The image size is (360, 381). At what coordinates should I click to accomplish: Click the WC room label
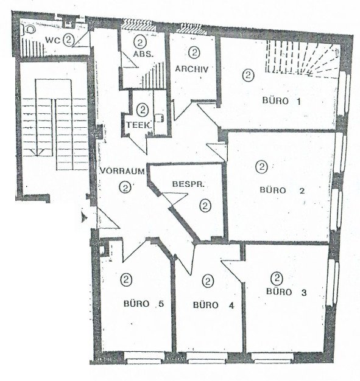coord(53,40)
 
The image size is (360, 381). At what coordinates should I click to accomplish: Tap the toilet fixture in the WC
coord(29,30)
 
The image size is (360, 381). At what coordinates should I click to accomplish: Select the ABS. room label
coord(143,54)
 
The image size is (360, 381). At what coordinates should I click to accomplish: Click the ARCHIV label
coord(192,69)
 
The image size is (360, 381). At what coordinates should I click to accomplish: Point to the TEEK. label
coord(139,125)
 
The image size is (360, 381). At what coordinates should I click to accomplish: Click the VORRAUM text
coord(122,171)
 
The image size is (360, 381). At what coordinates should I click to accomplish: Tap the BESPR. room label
coord(188,184)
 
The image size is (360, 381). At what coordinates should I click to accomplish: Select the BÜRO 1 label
coord(281,101)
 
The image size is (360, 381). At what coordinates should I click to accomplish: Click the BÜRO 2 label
coord(283,190)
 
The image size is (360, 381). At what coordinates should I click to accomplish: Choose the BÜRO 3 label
coord(286,292)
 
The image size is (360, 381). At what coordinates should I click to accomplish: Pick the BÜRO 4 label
coord(214,305)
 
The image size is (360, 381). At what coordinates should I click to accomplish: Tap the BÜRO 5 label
coord(144,304)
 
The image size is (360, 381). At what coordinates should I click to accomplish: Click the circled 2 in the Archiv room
coord(194,52)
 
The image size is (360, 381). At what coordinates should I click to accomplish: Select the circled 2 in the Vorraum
coord(125,187)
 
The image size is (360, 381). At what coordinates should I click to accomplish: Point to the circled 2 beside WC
coord(68,40)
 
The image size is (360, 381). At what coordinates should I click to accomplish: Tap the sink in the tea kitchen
coord(160,118)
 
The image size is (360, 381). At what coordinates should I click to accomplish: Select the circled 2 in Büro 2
coord(262,167)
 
